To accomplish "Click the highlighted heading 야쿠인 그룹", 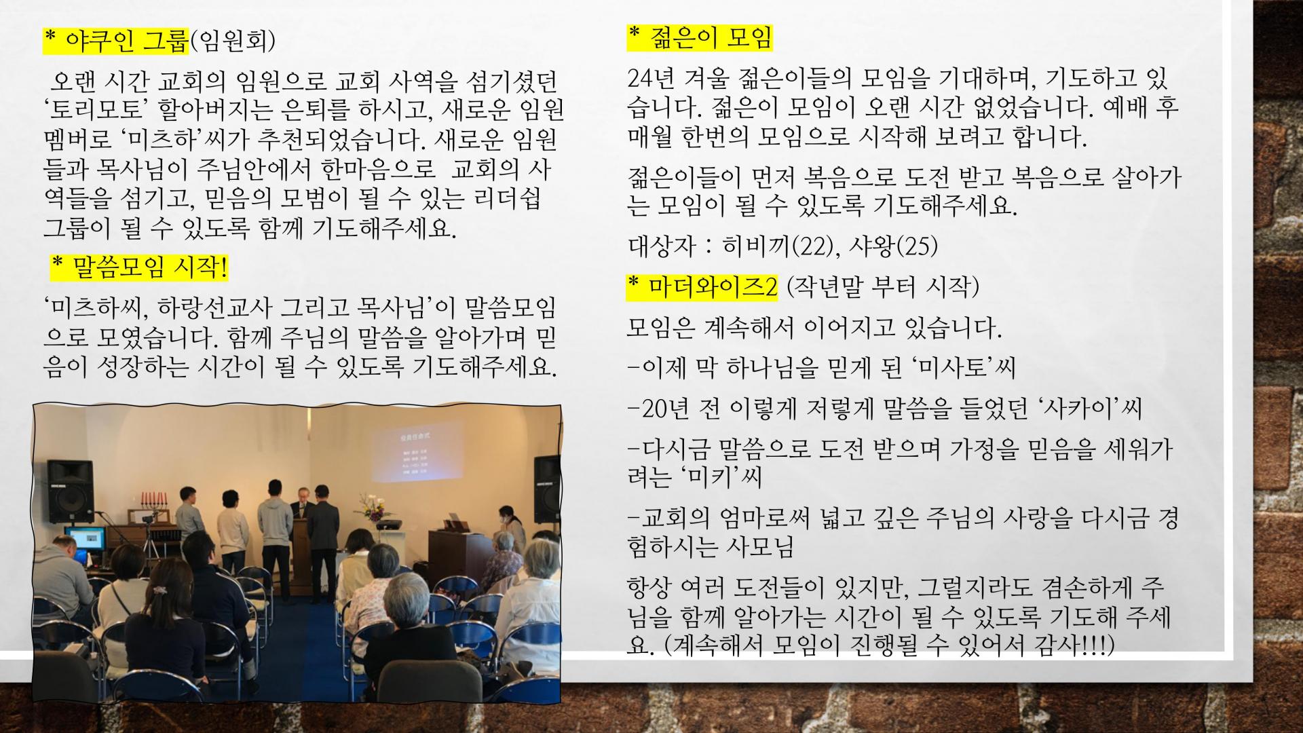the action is pos(115,41).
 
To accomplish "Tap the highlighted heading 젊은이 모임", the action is pos(699,38).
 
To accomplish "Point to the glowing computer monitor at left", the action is pos(86,538).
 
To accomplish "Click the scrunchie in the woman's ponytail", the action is pos(159,590).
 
